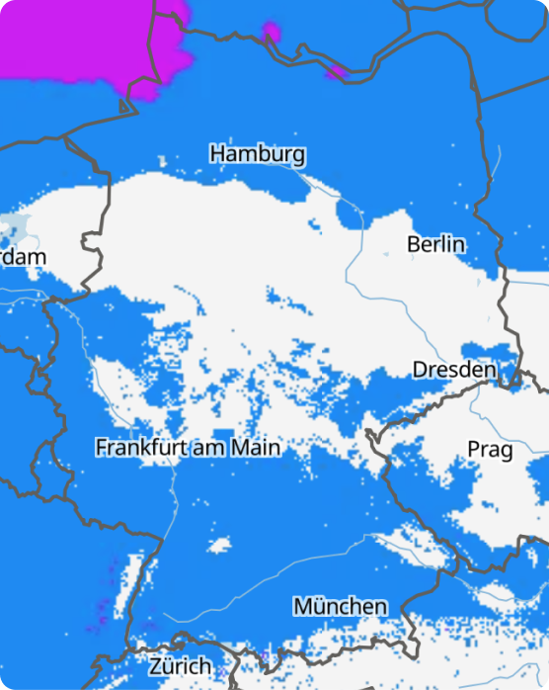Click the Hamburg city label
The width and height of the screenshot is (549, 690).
coord(257,154)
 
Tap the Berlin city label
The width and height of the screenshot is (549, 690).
coord(435,244)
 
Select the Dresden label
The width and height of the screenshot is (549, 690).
coord(453,370)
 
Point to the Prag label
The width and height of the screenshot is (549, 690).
coord(490,450)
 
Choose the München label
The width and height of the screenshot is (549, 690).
coord(340,605)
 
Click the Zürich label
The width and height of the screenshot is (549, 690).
coord(180,665)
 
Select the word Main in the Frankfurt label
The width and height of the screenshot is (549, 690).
coord(256,448)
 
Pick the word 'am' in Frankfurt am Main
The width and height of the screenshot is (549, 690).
coord(209,449)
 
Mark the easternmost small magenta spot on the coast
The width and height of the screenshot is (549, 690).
coord(336,70)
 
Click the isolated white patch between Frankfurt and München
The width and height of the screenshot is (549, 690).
coord(219,544)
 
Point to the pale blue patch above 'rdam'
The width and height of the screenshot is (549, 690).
coord(12,224)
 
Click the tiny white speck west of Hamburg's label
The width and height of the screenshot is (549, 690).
coord(162,160)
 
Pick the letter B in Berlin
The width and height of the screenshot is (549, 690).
coord(414,244)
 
